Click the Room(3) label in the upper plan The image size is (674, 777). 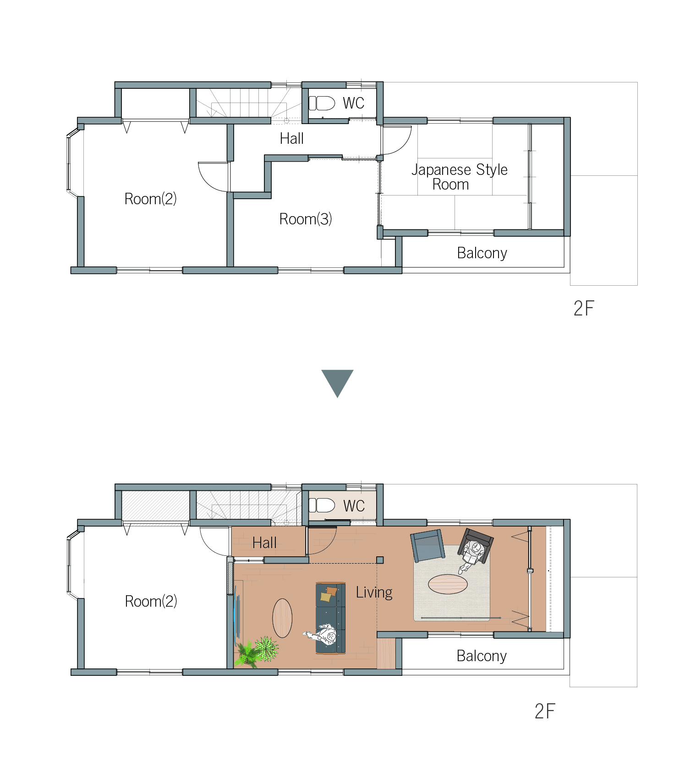[x=306, y=219]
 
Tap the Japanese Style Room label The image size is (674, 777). [x=459, y=177]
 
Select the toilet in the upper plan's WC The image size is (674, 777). [x=322, y=103]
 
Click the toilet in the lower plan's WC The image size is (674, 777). [x=322, y=505]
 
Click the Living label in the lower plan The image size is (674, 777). [x=374, y=592]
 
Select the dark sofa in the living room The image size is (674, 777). [x=330, y=618]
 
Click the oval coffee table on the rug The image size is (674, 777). [x=448, y=584]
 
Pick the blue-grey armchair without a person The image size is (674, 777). [x=428, y=546]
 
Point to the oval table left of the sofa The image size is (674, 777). [x=282, y=618]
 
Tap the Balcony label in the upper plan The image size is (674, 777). [x=482, y=253]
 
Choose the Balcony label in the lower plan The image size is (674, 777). [x=482, y=656]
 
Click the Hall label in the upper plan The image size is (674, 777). [x=292, y=138]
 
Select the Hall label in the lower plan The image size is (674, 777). [x=264, y=543]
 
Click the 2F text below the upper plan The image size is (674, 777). [x=584, y=309]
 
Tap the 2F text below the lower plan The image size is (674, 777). [x=545, y=712]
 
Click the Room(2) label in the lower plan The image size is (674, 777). [x=151, y=601]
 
